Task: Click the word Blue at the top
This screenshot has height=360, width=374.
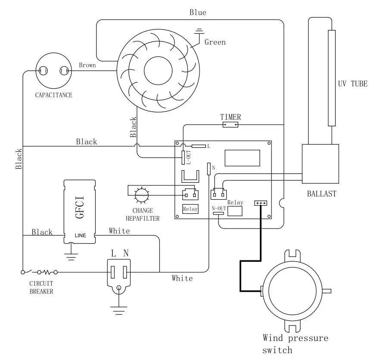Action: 198,13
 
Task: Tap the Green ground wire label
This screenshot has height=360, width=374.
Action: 215,42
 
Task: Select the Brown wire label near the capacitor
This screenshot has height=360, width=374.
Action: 87,66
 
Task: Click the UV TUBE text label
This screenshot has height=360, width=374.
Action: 352,84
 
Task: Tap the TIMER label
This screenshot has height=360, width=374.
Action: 231,117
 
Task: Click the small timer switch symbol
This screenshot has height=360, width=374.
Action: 230,125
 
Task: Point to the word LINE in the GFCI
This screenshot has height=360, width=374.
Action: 81,236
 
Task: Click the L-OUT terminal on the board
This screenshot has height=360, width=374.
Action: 183,158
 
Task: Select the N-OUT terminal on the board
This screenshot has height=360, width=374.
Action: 218,213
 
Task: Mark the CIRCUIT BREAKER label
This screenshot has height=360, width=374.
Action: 41,288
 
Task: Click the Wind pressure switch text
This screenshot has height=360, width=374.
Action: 296,344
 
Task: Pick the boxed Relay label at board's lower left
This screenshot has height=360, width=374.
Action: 190,209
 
